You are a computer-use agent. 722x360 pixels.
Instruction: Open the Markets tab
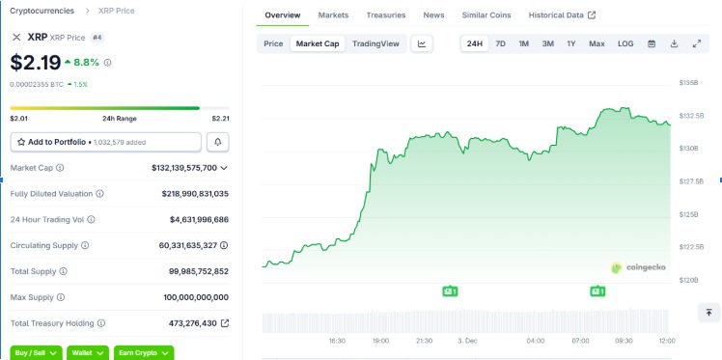pos(333,15)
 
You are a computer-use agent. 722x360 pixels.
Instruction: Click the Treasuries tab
pos(386,15)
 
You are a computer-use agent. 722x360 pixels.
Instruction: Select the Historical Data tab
pos(563,15)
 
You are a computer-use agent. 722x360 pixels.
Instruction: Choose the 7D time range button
pos(500,43)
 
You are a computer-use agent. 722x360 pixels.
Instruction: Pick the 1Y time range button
pos(570,43)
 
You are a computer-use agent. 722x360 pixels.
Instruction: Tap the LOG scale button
pos(625,43)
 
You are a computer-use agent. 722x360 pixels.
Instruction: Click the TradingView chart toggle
pos(375,43)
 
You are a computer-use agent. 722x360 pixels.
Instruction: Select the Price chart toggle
pos(273,43)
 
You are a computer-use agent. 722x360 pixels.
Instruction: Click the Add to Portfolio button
pos(106,142)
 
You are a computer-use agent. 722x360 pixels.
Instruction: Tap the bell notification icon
pos(218,142)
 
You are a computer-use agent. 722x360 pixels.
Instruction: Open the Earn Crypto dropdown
pos(143,353)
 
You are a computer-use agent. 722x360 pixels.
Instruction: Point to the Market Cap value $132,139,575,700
pos(183,168)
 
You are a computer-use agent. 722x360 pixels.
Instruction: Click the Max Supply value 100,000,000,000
pos(194,297)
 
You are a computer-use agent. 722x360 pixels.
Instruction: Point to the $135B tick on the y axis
pos(689,83)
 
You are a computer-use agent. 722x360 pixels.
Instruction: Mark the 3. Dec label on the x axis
pos(468,341)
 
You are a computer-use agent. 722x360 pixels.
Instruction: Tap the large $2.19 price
pos(36,63)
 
